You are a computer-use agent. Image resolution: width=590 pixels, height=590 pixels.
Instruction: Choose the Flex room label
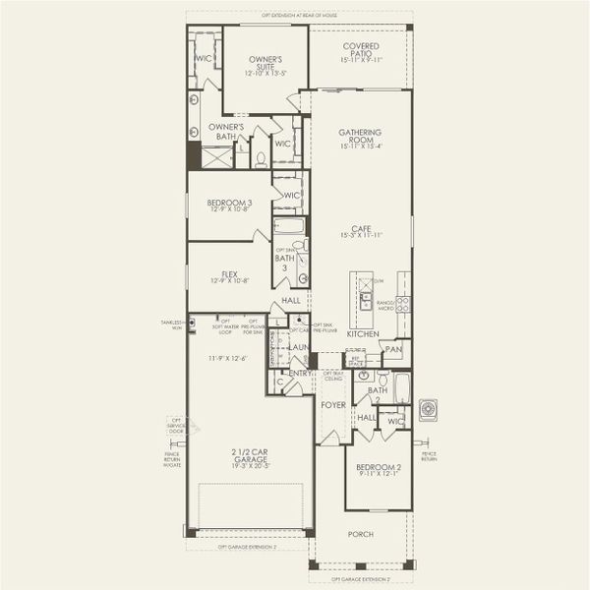pyautogui.click(x=228, y=275)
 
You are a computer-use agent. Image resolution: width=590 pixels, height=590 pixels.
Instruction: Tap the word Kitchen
pyautogui.click(x=362, y=334)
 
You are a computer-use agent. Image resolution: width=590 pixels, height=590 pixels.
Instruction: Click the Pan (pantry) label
pyautogui.click(x=393, y=349)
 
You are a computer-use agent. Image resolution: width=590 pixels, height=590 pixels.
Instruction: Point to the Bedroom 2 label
pyautogui.click(x=379, y=466)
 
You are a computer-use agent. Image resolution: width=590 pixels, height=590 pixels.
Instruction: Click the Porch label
pyautogui.click(x=361, y=535)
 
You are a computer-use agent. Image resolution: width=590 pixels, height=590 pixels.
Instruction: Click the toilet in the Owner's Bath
pyautogui.click(x=261, y=157)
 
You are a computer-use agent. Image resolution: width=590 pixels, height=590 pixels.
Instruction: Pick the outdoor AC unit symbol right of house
pyautogui.click(x=429, y=409)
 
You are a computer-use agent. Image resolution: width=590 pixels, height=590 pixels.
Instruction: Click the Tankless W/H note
pyautogui.click(x=171, y=324)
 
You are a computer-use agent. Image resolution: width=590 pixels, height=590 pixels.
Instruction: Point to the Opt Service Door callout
pyautogui.click(x=176, y=427)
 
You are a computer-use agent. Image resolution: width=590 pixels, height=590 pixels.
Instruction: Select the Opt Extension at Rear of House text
pyautogui.click(x=298, y=16)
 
